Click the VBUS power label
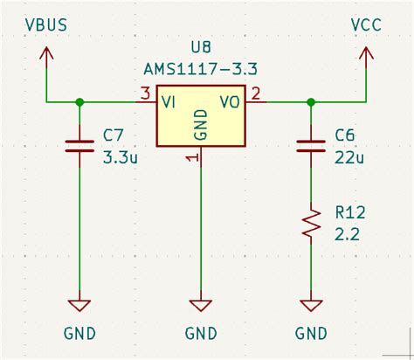(x=45, y=25)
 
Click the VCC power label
(x=367, y=25)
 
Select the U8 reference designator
(x=201, y=47)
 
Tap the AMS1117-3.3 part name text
(x=202, y=68)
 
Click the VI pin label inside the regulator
(x=170, y=102)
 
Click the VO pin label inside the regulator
(x=230, y=102)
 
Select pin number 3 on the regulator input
(x=144, y=93)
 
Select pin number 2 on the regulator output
(x=256, y=93)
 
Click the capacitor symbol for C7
(x=79, y=145)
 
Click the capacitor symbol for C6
(x=311, y=145)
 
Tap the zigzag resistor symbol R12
(x=311, y=222)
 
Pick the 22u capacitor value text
(x=349, y=158)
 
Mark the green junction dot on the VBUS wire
(x=79, y=102)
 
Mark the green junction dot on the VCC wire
(x=311, y=102)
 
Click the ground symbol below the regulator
(x=201, y=305)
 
